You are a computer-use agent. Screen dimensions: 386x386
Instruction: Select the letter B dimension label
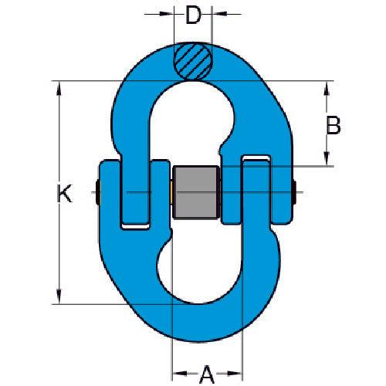pos(334,125)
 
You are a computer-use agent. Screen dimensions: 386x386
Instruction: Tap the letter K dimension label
pos(66,194)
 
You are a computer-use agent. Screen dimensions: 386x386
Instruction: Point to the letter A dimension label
pos(207,354)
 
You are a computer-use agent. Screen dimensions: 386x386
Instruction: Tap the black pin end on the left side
pos(96,192)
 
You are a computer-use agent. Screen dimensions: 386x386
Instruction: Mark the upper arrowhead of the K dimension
pos(58,86)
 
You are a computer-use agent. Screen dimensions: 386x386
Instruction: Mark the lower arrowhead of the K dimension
pos(58,297)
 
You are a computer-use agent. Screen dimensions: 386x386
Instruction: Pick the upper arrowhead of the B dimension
pos(327,86)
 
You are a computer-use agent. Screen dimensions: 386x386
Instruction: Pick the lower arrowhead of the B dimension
pos(327,160)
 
